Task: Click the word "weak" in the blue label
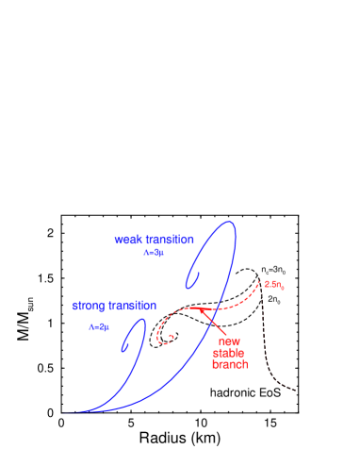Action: point(126,240)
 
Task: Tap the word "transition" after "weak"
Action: point(166,240)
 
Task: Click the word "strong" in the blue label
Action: point(89,307)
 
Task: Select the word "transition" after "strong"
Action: point(132,307)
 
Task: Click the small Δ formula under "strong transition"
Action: point(99,326)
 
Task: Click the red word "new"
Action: point(229,341)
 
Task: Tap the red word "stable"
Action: point(229,353)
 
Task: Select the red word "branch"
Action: point(230,364)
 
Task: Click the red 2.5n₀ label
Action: point(274,284)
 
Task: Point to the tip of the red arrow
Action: point(200,308)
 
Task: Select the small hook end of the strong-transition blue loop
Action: point(123,348)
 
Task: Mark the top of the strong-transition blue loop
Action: point(142,320)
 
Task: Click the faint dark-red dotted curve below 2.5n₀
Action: point(269,349)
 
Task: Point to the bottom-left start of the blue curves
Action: point(64,412)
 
